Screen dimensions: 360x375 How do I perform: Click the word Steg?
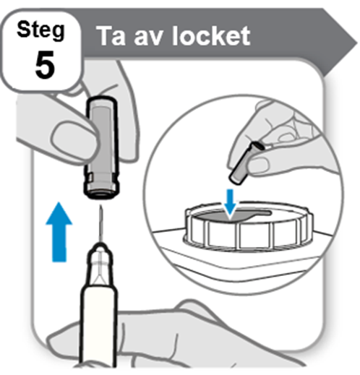tap(40, 30)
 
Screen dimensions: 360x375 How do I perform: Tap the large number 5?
tap(44, 64)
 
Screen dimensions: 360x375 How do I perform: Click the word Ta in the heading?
tap(112, 36)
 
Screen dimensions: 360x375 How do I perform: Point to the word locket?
tap(211, 36)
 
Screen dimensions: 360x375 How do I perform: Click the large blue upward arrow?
tap(59, 232)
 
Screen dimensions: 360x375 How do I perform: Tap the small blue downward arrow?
tap(230, 202)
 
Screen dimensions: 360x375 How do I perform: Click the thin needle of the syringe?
tap(101, 224)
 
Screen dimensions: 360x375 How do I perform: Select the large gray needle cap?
tap(102, 147)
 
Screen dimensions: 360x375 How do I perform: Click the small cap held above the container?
tap(245, 164)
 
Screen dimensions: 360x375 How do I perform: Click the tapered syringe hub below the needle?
tap(100, 264)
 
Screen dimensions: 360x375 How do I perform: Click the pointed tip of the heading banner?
tap(356, 44)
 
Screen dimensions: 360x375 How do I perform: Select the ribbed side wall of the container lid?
tap(248, 235)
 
